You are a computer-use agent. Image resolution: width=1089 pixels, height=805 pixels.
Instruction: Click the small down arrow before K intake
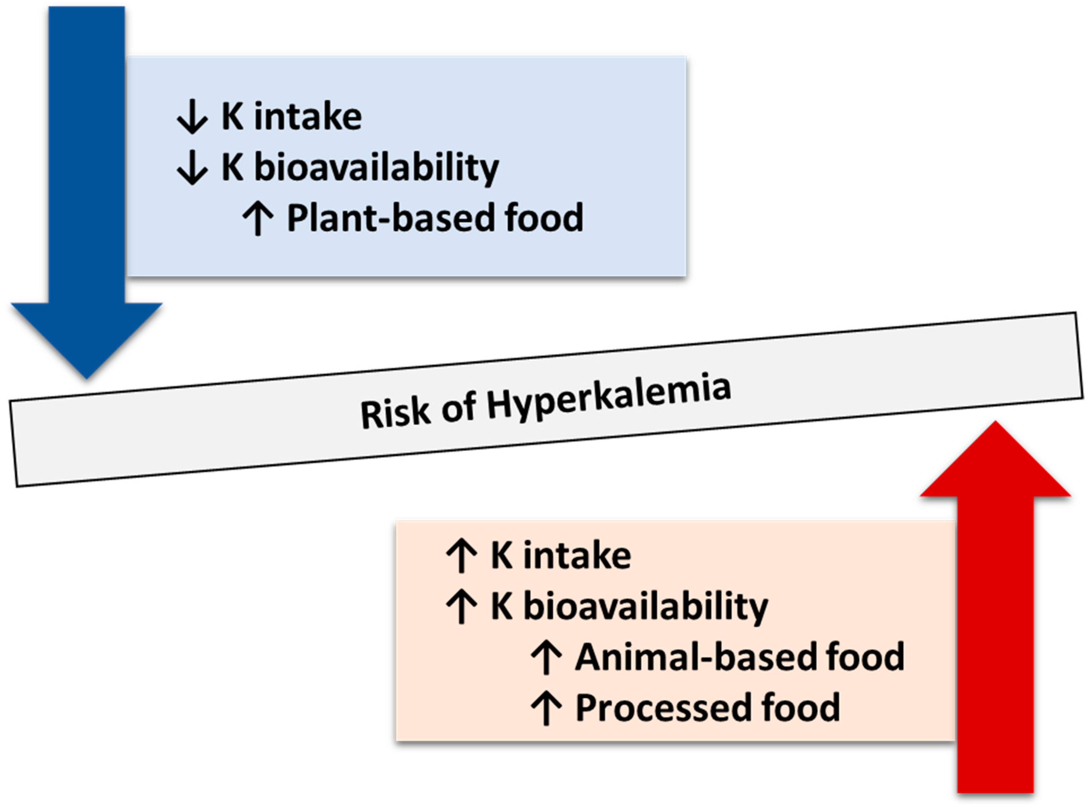(192, 116)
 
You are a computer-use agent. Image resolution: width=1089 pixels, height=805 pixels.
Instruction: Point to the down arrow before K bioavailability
(192, 167)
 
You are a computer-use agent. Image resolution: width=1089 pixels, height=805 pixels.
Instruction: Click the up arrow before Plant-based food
(258, 219)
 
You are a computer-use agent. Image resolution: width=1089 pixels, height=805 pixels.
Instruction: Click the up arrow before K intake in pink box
(461, 556)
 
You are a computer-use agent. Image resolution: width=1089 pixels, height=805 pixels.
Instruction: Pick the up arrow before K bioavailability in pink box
(461, 607)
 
